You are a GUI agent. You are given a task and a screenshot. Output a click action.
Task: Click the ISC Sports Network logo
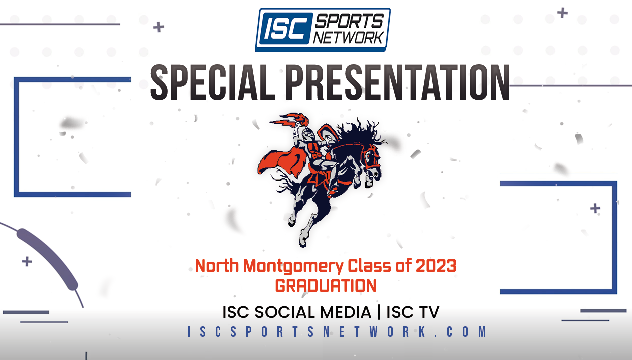pos(323,30)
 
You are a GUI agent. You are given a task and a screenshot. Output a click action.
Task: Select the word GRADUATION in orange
pos(326,286)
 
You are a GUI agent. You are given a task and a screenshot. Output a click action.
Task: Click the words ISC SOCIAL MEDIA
pos(296,312)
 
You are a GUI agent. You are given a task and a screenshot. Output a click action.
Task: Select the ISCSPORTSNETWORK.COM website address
pos(337,332)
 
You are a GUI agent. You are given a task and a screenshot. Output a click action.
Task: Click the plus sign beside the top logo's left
pos(159,27)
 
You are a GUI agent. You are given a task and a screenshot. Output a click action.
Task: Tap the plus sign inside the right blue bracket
pos(595,208)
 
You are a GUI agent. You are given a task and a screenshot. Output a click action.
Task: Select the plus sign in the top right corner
pos(563,13)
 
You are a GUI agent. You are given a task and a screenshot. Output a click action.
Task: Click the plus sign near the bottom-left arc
pos(27,261)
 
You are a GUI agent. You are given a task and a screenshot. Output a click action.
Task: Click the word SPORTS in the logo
pos(349,21)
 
